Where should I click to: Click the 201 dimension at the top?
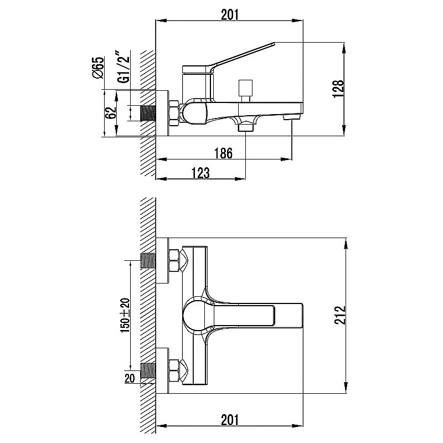pyautogui.click(x=230, y=14)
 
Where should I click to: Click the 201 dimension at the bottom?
pyautogui.click(x=230, y=420)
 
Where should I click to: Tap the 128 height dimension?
pyautogui.click(x=338, y=89)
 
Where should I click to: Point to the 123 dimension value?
pyautogui.click(x=200, y=173)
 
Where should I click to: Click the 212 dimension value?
pyautogui.click(x=340, y=315)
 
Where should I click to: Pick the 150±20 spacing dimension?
pyautogui.click(x=125, y=315)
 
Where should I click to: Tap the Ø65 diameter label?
pyautogui.click(x=99, y=68)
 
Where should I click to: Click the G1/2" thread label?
pyautogui.click(x=123, y=67)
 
